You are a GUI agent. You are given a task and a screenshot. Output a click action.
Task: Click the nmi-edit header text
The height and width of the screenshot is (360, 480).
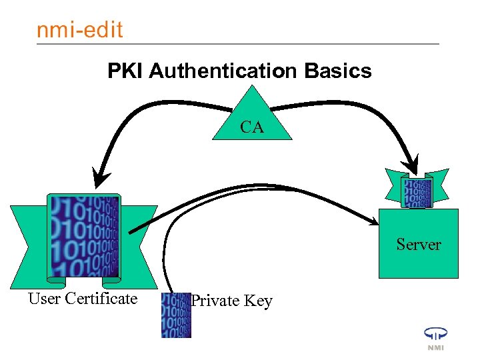(x=79, y=30)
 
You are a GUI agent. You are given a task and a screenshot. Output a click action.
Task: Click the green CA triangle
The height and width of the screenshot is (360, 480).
(x=252, y=120)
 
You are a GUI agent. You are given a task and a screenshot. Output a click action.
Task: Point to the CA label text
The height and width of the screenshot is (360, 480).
(x=252, y=127)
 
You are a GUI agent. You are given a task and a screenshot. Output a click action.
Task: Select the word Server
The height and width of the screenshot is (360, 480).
(x=419, y=245)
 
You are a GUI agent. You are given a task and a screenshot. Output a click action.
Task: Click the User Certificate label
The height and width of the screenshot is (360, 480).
(x=83, y=299)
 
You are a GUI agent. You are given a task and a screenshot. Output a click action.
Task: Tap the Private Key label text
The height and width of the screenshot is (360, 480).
(x=231, y=301)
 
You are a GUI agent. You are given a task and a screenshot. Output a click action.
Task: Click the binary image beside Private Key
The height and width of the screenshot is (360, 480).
(x=176, y=315)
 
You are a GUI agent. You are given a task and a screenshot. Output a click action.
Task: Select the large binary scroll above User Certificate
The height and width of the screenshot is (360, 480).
(x=84, y=237)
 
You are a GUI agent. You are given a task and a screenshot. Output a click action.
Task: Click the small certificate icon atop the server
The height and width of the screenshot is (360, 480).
(x=417, y=191)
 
